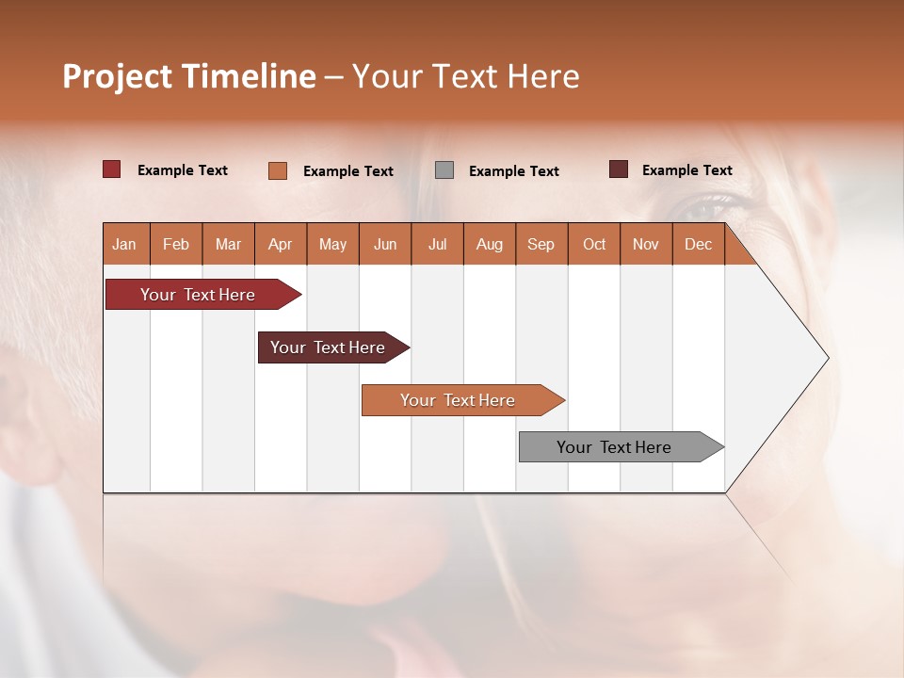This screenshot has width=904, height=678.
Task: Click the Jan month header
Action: pos(125,244)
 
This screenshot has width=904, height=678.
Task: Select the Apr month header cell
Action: pos(281,244)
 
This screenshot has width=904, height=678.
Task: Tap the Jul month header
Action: pos(437,244)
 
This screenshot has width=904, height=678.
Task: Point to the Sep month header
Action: pos(541,244)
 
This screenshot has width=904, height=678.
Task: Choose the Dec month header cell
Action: pos(698,244)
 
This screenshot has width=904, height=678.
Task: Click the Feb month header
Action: pos(176,244)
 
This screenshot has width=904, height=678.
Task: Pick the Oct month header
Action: pos(594,244)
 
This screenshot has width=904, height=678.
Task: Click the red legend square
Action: pos(112,169)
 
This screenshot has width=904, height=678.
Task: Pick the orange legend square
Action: pos(278,170)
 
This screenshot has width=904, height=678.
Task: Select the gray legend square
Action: pos(444,170)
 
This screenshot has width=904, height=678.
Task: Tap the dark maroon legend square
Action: pos(619,169)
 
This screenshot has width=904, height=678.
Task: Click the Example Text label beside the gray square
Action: pos(514,171)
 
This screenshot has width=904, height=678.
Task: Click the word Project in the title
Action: pos(117,76)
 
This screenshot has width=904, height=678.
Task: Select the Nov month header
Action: pos(646,244)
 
